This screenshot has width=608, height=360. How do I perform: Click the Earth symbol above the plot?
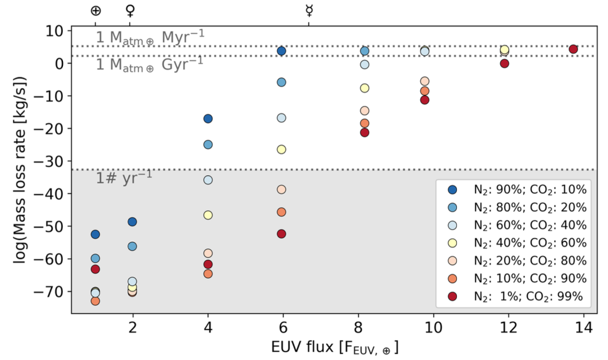click(95, 10)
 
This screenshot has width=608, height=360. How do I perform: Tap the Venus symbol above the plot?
click(130, 10)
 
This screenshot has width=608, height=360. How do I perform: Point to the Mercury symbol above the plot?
click(309, 10)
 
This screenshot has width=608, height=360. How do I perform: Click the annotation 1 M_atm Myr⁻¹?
click(149, 37)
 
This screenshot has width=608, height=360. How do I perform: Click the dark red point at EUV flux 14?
click(573, 49)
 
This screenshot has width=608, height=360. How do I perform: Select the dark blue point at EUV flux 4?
click(208, 119)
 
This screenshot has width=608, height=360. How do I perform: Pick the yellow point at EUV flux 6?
click(281, 149)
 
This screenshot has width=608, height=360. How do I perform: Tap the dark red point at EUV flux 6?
click(281, 234)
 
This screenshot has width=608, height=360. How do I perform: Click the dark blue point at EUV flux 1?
click(95, 234)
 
